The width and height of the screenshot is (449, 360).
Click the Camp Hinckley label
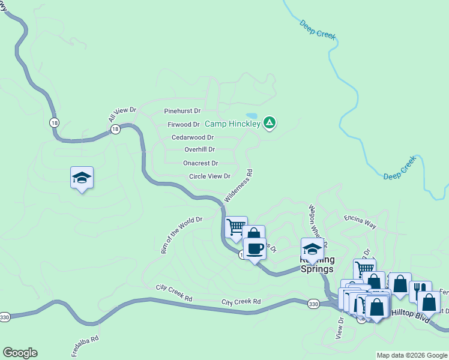point(233,124)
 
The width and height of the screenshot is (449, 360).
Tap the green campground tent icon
point(270,123)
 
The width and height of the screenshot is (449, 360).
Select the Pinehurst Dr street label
point(182,111)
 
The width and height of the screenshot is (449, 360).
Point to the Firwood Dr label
point(183,124)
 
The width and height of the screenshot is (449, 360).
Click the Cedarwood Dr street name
point(193,137)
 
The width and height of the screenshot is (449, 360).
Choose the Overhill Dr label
point(199,149)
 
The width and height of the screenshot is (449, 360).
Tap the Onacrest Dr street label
point(200,163)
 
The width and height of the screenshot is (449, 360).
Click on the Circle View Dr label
point(209,176)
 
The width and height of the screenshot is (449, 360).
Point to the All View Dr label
point(123,114)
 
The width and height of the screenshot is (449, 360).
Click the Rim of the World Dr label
point(181,235)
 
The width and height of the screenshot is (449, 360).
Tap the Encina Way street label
point(360,223)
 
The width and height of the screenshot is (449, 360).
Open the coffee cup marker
point(254,248)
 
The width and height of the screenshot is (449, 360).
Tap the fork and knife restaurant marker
point(420,290)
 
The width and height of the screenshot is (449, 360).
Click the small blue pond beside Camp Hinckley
point(252,115)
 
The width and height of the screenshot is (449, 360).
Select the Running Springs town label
point(316,265)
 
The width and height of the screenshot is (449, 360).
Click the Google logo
point(20,353)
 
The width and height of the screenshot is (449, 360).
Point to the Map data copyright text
point(412,355)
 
